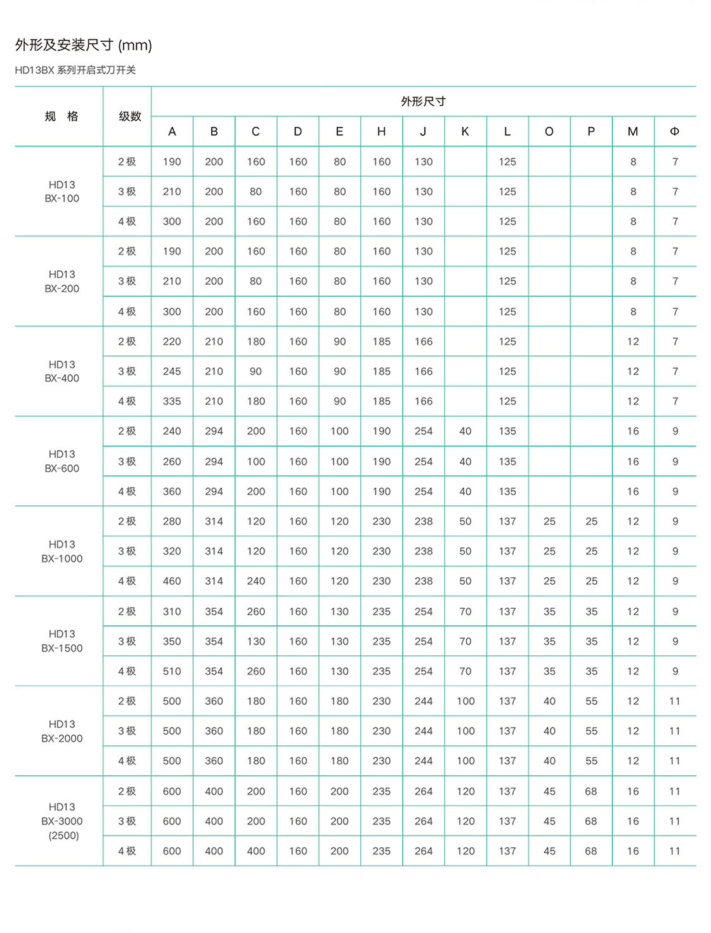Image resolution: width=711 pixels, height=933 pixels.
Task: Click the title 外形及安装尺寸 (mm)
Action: click(x=84, y=45)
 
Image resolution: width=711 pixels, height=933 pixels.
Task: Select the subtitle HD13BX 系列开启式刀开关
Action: click(x=75, y=70)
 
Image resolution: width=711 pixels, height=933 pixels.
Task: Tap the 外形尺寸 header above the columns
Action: click(x=423, y=101)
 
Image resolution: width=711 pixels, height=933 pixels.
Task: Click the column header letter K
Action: click(x=465, y=131)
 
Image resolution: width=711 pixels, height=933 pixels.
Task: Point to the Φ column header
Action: click(x=674, y=131)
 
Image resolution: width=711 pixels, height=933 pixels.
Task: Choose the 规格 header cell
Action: click(x=62, y=116)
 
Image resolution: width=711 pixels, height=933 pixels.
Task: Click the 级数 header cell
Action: click(x=130, y=116)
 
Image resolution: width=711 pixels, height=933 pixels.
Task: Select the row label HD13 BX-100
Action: click(x=62, y=192)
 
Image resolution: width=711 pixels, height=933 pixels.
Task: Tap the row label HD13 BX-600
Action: click(x=62, y=461)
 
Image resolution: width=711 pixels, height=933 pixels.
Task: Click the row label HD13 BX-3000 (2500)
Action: click(x=62, y=821)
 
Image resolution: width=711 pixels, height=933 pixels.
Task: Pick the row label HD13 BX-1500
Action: click(x=62, y=641)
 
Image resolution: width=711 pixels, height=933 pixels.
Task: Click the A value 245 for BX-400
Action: click(x=172, y=371)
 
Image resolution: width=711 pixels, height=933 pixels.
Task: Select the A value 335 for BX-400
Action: click(x=172, y=401)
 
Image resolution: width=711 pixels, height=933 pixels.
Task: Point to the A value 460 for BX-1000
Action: click(x=172, y=581)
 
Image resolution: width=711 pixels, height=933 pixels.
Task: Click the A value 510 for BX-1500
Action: click(x=172, y=671)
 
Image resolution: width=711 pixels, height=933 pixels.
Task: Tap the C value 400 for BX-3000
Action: click(x=256, y=851)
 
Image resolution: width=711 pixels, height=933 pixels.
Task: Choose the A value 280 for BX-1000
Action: click(x=172, y=521)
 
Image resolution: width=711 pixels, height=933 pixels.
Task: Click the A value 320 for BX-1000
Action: click(x=172, y=551)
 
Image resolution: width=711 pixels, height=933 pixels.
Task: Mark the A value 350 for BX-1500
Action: click(x=172, y=641)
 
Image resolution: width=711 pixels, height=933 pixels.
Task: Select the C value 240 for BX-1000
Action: click(x=256, y=581)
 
